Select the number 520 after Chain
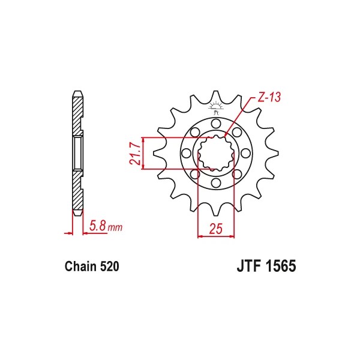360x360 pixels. click(x=110, y=266)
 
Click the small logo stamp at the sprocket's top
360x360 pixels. click(x=215, y=109)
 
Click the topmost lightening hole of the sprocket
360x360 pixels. click(x=215, y=124)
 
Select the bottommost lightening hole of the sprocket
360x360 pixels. click(x=215, y=183)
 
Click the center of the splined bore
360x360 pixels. click(x=215, y=154)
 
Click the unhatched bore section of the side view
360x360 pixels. click(x=77, y=153)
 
